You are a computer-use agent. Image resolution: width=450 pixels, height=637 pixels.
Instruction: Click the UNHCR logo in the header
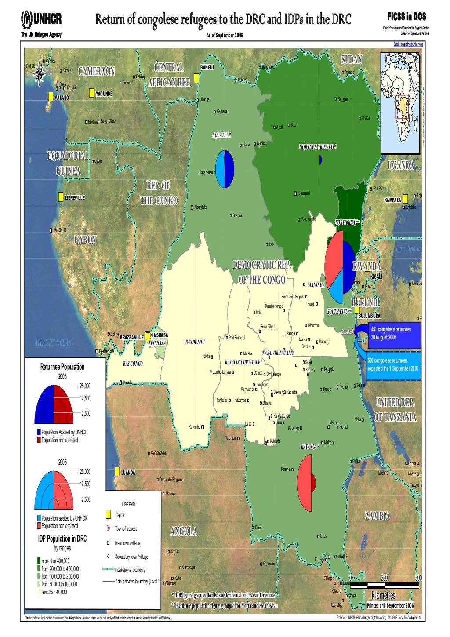pos(41,19)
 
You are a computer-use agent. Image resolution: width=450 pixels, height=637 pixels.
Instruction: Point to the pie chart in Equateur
pos(225,169)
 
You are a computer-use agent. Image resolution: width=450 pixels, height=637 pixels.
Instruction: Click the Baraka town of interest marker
pos(353,332)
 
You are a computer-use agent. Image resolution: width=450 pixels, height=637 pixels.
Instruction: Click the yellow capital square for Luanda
pos(117,472)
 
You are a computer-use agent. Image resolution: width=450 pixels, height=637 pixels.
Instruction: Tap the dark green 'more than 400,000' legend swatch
pos(39,561)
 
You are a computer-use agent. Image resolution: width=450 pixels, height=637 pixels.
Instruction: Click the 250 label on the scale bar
pos(384,578)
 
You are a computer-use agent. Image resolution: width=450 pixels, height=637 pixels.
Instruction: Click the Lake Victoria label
pos(408,249)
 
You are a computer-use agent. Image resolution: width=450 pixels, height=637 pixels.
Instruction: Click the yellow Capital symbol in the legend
pos(109,515)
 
